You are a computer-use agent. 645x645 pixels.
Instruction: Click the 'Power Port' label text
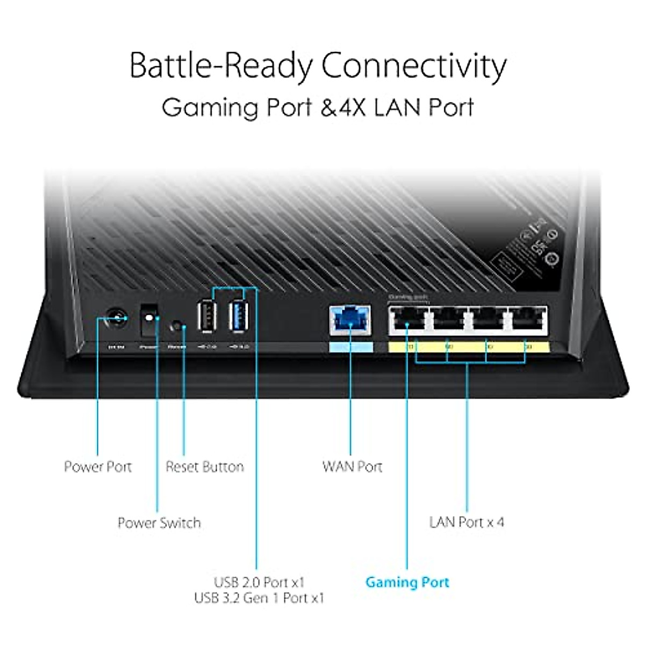pyautogui.click(x=98, y=467)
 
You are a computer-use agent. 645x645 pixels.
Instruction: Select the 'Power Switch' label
pyautogui.click(x=159, y=523)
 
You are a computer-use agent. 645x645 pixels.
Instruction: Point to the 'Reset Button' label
pyautogui.click(x=205, y=467)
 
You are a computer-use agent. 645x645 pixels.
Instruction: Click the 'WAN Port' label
pyautogui.click(x=352, y=467)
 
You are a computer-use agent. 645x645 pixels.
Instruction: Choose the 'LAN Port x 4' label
pyautogui.click(x=467, y=522)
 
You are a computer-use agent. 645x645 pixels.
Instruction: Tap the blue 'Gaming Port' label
pyautogui.click(x=407, y=582)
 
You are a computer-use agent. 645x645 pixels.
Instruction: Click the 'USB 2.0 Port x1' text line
pyautogui.click(x=259, y=582)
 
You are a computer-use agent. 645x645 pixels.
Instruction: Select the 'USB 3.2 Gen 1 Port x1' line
pyautogui.click(x=259, y=598)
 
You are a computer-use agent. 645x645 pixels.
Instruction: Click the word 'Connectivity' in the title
pyautogui.click(x=414, y=66)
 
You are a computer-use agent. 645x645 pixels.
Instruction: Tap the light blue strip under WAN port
pyautogui.click(x=350, y=347)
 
